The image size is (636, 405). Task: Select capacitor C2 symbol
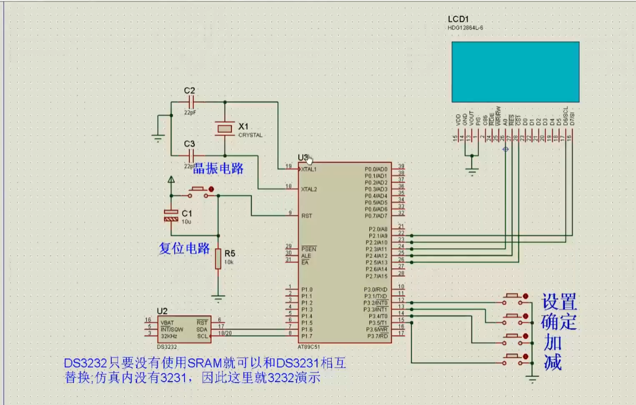(190, 102)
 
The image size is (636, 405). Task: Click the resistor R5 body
(218, 259)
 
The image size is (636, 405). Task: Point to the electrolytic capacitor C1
(171, 216)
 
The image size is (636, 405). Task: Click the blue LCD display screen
(515, 72)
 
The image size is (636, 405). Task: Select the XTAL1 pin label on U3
(309, 169)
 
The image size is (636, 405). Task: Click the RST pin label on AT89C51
(306, 216)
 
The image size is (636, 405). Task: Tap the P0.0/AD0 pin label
(376, 169)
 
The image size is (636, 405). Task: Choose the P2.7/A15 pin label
(376, 276)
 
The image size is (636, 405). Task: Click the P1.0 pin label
(307, 290)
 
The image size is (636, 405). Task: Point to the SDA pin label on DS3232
(202, 329)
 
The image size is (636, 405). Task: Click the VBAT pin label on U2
(167, 323)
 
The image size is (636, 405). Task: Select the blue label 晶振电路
(219, 168)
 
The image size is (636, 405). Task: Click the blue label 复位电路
(184, 249)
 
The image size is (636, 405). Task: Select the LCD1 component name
(458, 19)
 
